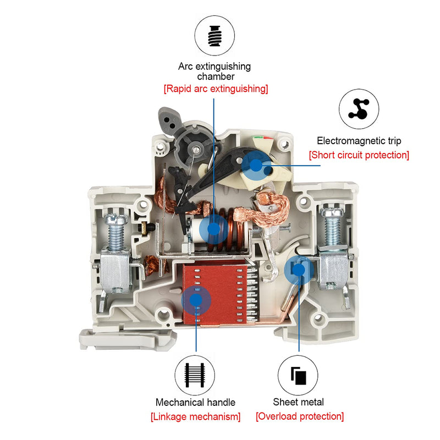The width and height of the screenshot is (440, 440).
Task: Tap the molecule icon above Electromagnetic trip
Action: [359, 108]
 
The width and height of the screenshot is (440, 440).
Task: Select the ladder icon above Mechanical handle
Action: [195, 374]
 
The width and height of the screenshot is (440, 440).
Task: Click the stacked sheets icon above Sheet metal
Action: [299, 375]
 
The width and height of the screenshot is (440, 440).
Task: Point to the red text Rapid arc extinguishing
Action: [216, 89]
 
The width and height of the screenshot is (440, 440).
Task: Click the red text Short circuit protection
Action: [359, 155]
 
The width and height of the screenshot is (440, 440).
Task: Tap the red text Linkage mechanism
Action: [195, 416]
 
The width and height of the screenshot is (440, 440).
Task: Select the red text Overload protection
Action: [300, 416]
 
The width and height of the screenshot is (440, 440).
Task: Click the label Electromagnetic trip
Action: [359, 141]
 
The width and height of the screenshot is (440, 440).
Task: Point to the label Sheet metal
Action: [299, 402]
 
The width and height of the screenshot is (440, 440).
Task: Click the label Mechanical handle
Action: [195, 402]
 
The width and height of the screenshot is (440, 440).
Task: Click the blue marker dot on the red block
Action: [195, 298]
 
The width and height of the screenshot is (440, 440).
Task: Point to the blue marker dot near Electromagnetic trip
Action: [254, 163]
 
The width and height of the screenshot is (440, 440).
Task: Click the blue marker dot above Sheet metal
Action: [298, 269]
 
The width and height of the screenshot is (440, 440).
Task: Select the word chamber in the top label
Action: [216, 76]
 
